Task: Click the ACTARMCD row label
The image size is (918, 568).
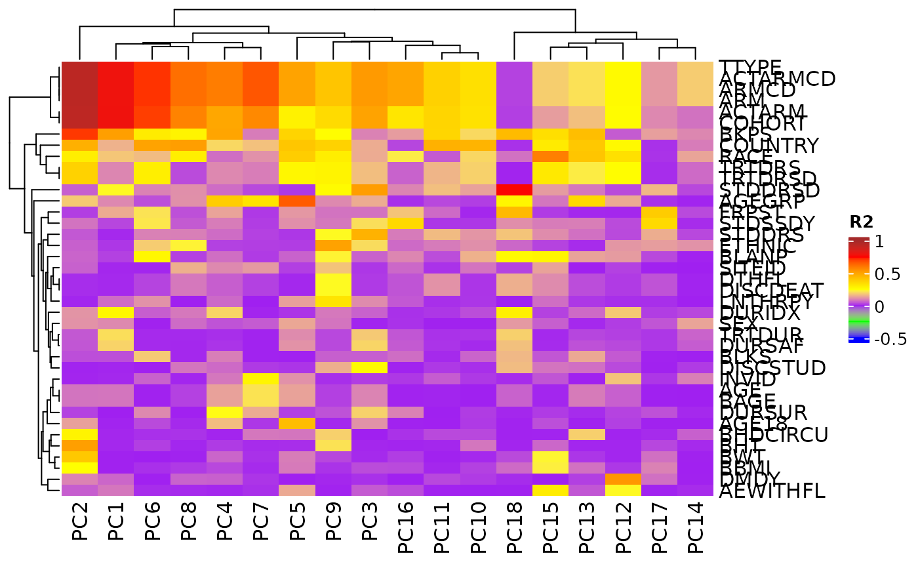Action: pos(777,79)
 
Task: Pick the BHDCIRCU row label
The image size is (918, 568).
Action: pos(774,435)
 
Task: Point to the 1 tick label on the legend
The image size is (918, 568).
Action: pos(879,241)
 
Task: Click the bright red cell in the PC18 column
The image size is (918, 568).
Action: pos(515,190)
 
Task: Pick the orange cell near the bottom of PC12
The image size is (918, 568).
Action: pos(624,479)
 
